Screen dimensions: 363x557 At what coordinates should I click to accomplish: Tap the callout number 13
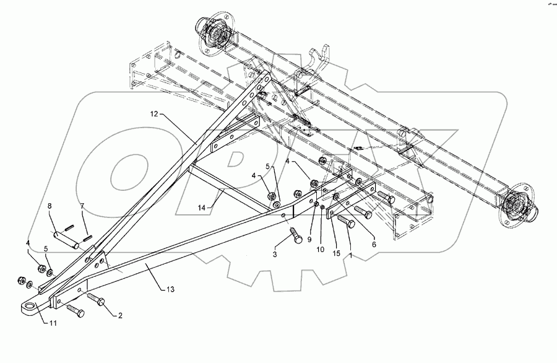click(171, 289)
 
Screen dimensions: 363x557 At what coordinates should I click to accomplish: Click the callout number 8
click(51, 206)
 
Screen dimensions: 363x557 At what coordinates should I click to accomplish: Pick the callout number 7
click(81, 206)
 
